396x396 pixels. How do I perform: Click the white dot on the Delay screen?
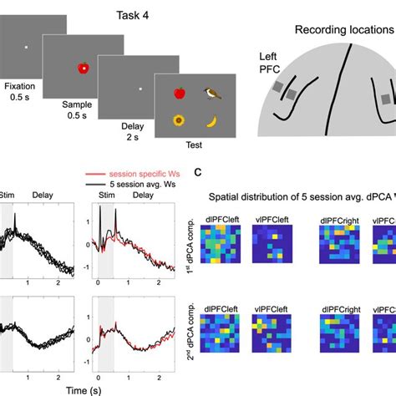tap(140, 89)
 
